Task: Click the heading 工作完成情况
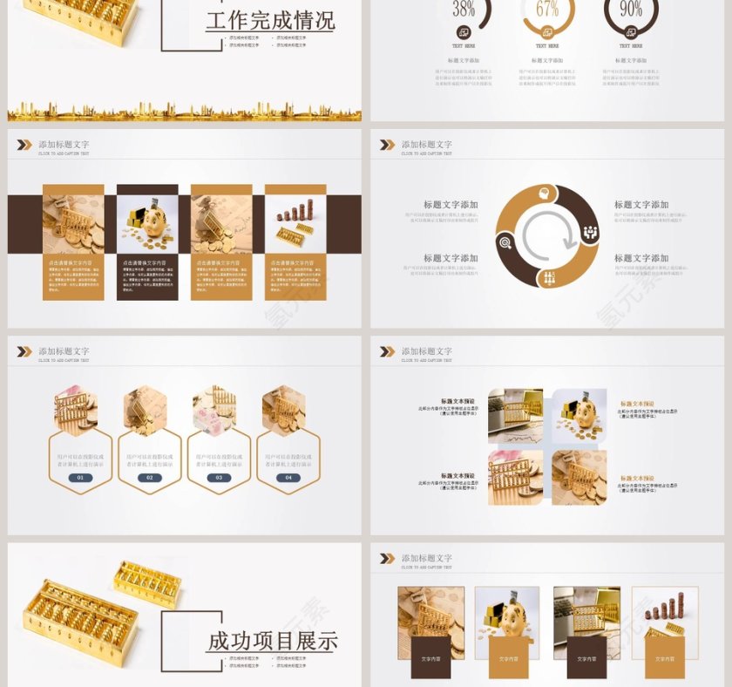coord(270,21)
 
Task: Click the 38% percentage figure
coord(464,10)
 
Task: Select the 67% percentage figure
coord(547,10)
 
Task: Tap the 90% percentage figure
coord(631,10)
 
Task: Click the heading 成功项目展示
coord(273,642)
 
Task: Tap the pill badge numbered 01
coord(81,477)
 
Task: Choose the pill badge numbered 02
coord(150,477)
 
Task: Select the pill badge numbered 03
coord(219,477)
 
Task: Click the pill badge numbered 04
coord(288,477)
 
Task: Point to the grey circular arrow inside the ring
coord(547,236)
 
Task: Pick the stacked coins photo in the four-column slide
coord(295,223)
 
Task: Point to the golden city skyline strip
coord(184,112)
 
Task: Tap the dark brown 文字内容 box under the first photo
coord(430,658)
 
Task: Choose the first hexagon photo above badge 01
coord(76,410)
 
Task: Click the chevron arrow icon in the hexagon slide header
coord(24,351)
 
